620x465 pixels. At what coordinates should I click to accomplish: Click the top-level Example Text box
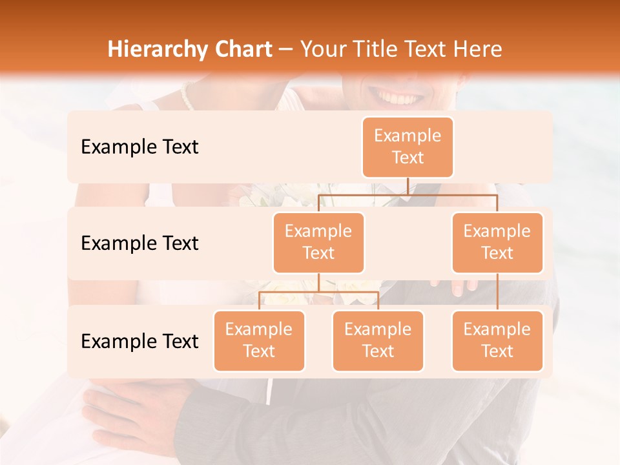[408, 147]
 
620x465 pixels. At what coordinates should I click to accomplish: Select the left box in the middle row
[318, 242]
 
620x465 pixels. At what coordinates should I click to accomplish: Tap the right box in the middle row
[497, 242]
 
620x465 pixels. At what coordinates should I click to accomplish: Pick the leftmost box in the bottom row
[259, 340]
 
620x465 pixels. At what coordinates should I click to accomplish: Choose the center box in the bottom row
[378, 340]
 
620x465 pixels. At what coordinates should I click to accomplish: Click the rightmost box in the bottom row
[497, 340]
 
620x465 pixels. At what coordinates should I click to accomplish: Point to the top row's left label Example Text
[139, 147]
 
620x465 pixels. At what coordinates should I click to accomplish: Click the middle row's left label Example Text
[139, 243]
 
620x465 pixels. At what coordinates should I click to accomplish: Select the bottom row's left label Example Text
[139, 341]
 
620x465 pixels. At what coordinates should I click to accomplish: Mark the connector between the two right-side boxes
[497, 291]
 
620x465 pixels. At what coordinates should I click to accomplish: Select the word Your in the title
[325, 49]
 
